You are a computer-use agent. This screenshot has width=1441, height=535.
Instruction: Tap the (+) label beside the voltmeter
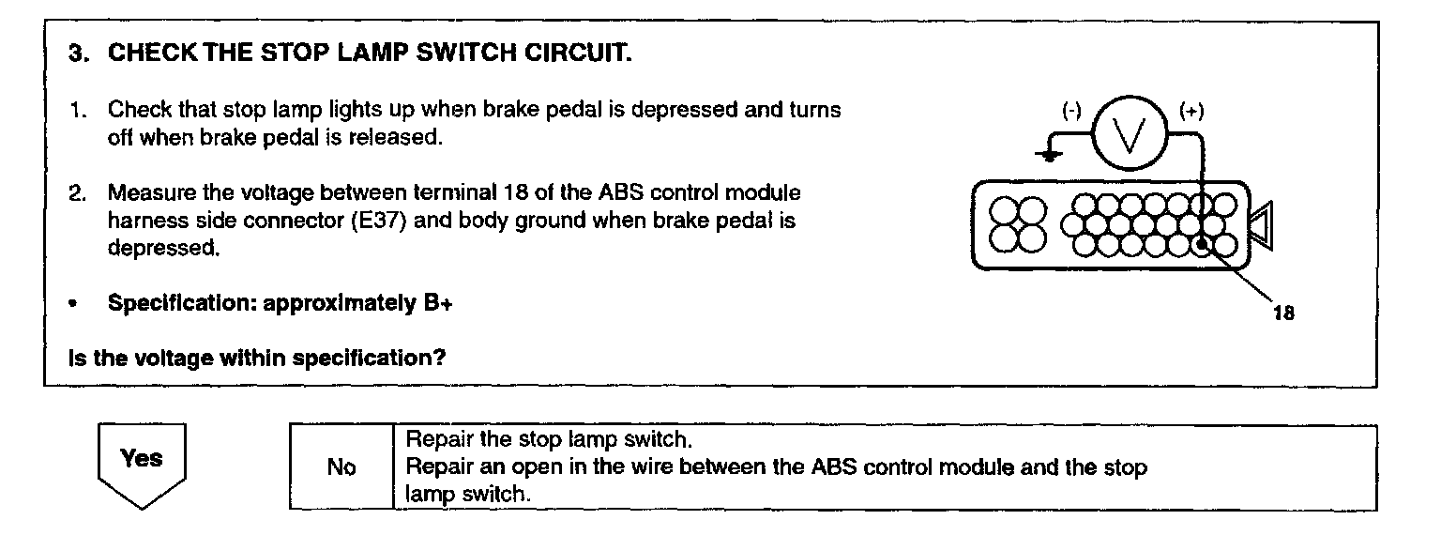coord(1192,111)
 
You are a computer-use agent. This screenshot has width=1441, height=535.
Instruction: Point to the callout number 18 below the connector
coord(1283,313)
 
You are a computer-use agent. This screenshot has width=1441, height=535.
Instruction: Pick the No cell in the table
coord(341,467)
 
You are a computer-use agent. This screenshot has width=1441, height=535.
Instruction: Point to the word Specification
coord(178,304)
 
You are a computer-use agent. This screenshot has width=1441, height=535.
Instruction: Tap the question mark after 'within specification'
coord(439,358)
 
